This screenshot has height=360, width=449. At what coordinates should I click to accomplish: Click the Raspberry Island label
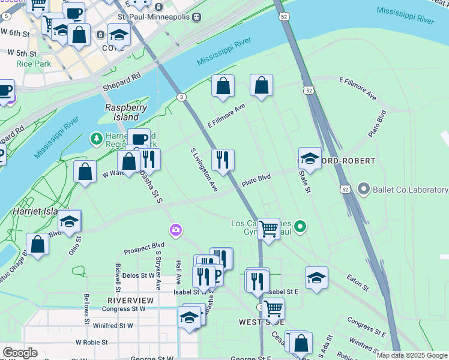click(126, 112)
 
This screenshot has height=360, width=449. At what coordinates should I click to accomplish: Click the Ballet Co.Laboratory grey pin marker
click(363, 190)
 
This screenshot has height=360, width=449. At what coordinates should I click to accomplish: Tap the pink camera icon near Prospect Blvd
click(175, 230)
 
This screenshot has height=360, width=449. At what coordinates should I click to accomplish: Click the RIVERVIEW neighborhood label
click(130, 299)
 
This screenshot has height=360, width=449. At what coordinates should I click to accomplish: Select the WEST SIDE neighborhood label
click(257, 322)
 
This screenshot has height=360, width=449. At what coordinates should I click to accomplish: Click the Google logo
click(20, 353)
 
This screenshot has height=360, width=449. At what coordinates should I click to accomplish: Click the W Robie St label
click(96, 342)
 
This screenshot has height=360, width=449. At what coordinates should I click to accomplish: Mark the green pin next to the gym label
click(301, 227)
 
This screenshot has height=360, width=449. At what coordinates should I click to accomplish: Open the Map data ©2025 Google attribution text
click(412, 355)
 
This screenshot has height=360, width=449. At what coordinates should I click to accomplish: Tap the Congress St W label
click(124, 309)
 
